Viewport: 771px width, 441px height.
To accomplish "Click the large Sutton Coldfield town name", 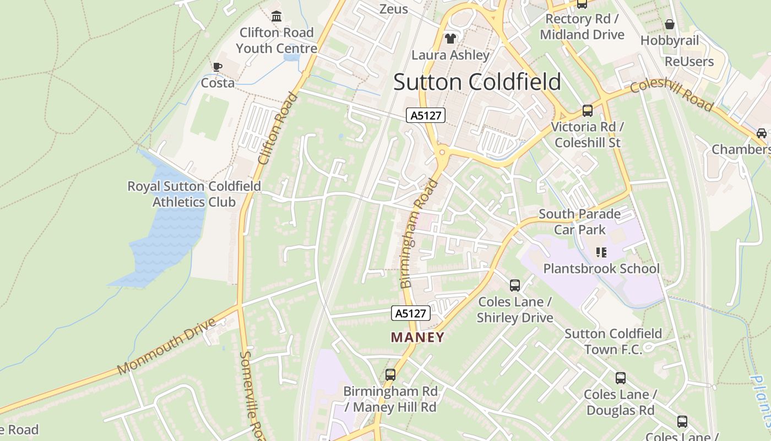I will tap(477, 82).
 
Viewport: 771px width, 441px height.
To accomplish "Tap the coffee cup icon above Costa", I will tap(218, 67).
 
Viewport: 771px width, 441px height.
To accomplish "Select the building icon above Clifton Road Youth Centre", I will tap(276, 17).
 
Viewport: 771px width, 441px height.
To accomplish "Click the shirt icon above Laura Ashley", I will tap(450, 39).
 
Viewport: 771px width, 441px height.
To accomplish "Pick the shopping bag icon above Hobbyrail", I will tap(670, 24).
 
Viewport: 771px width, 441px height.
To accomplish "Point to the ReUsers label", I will tap(689, 61).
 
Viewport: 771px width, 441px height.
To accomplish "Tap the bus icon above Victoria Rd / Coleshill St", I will tap(588, 111).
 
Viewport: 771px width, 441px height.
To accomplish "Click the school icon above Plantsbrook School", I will tap(601, 252).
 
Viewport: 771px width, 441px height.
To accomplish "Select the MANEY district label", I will tap(417, 337).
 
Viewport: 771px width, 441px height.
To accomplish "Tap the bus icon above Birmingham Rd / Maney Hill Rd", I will tap(390, 375).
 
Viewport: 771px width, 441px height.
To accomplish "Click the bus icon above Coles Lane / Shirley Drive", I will tap(515, 286).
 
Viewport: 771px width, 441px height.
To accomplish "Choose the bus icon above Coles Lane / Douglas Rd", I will tap(621, 378).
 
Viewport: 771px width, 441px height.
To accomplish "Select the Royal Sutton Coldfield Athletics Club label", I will tap(194, 194).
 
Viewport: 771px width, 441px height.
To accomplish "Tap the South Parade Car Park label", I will tap(579, 222).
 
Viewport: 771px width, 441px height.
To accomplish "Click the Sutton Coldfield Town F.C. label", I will tap(613, 341).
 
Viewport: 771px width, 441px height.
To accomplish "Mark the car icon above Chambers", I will tap(761, 133).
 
